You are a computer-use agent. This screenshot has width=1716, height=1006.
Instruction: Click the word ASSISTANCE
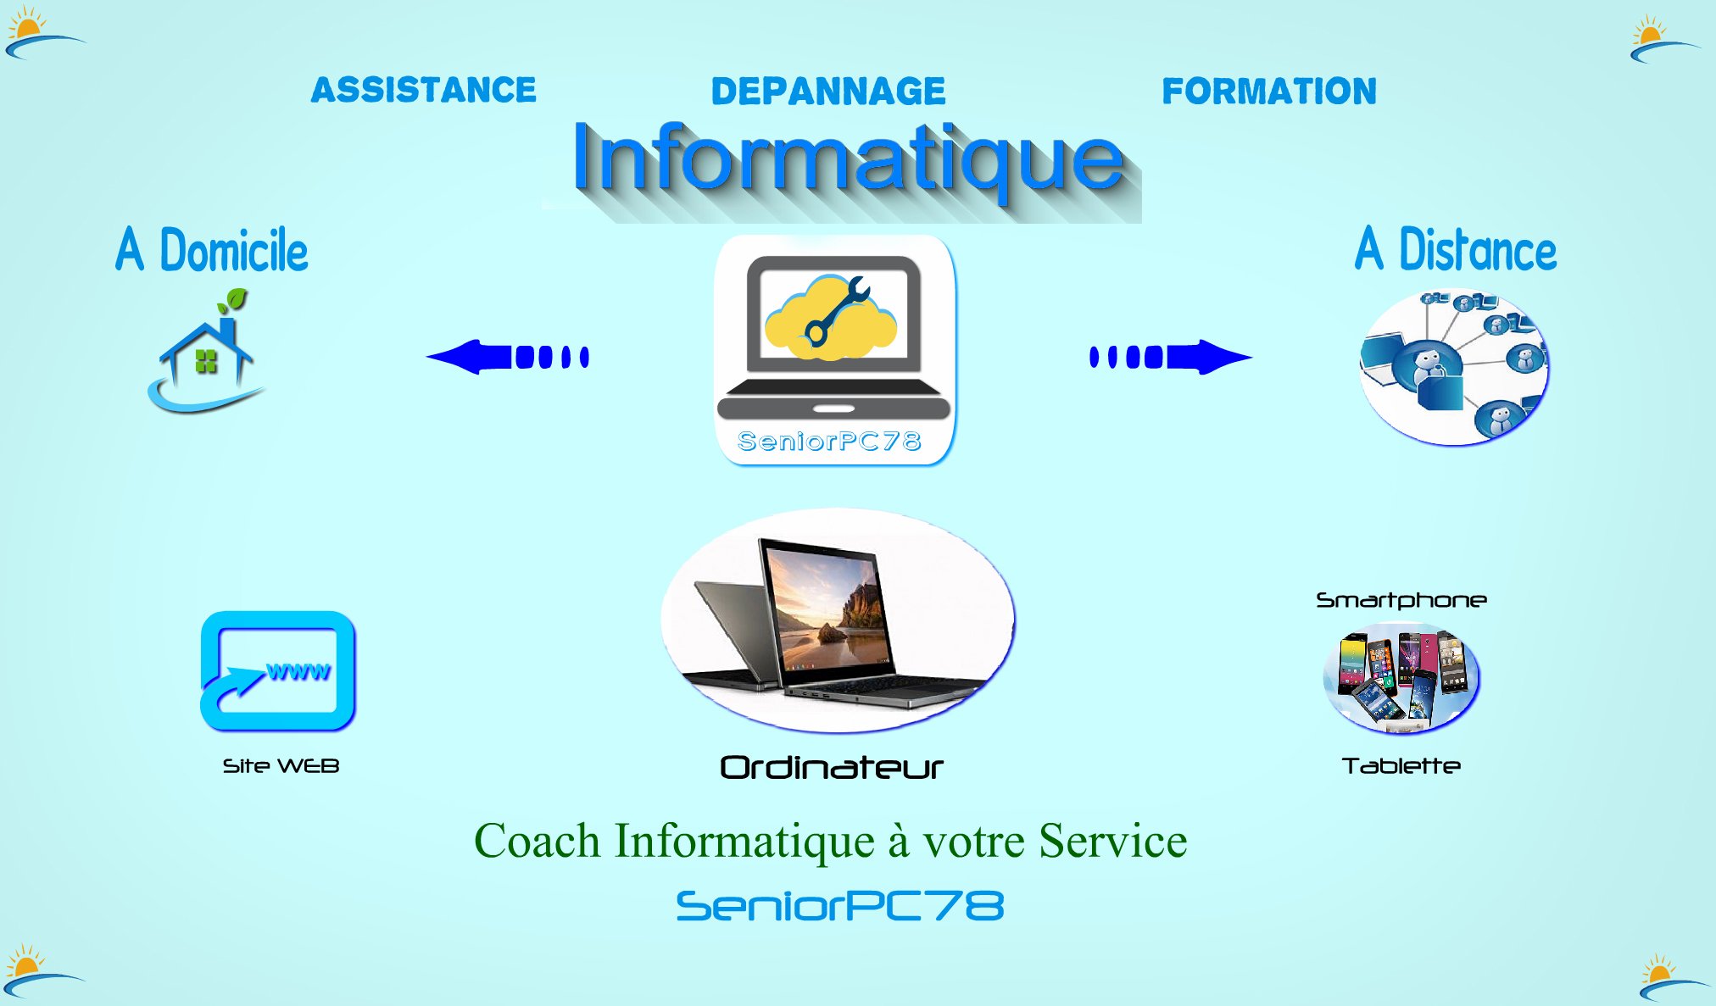coord(424,90)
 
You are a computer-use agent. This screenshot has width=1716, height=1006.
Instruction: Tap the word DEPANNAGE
coord(828,92)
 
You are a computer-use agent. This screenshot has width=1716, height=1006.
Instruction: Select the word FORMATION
coord(1269,92)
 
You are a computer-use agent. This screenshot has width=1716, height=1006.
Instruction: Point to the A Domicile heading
coord(212,250)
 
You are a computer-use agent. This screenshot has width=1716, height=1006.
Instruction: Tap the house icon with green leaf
coord(206,352)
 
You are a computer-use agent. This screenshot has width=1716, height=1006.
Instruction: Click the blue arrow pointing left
coord(508,357)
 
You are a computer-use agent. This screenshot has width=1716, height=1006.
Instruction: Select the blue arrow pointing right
coord(1171,357)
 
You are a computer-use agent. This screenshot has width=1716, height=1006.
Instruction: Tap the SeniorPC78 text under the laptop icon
coord(829,442)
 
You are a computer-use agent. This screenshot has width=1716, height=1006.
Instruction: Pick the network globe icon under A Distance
coord(1454,367)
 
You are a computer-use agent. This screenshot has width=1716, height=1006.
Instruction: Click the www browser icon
coord(278,671)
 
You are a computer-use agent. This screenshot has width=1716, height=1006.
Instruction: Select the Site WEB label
coord(281,766)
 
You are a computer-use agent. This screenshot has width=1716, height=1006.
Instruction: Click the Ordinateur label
coord(831,768)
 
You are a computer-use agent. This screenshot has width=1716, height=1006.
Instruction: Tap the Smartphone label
coord(1401,601)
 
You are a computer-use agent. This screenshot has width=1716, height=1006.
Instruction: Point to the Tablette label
coord(1401,766)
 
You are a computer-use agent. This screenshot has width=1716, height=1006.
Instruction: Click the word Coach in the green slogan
coord(537,841)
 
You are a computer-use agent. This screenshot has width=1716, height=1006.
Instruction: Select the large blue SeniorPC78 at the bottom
coord(840,906)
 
